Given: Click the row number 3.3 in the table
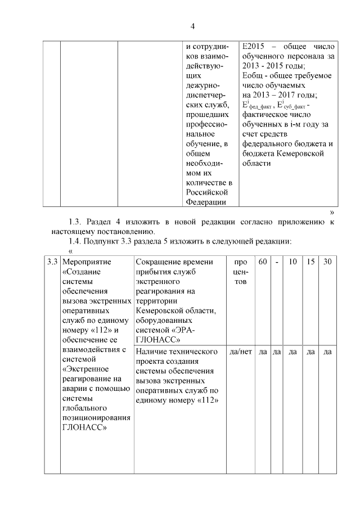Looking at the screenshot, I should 52,262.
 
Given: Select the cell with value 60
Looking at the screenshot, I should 263,262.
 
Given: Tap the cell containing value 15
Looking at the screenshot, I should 310,262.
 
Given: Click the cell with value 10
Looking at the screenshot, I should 292,262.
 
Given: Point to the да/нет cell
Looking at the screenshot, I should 240,352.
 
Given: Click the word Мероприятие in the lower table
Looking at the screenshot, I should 87,262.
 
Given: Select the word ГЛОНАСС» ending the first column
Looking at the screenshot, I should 85,427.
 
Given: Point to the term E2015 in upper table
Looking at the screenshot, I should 255,47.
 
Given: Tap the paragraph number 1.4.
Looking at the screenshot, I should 75,241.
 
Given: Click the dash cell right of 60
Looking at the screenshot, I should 277,262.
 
